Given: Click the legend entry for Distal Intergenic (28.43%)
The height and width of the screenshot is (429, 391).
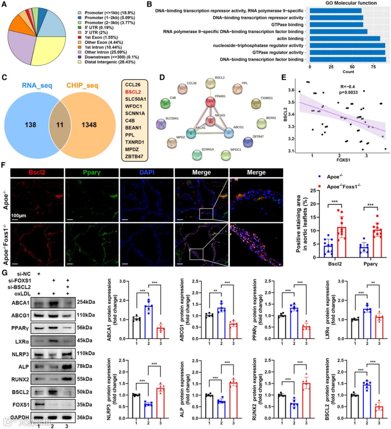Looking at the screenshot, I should coord(110,62).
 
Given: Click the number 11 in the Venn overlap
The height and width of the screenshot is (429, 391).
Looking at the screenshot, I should coord(60,125).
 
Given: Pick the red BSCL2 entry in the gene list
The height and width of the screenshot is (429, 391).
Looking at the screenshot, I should coord(133,92).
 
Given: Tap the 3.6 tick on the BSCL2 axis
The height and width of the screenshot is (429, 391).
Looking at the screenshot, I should coord(291,90).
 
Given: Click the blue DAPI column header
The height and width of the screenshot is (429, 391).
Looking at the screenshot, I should coord(147,172).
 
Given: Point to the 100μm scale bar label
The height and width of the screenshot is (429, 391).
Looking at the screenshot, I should coord(18,216).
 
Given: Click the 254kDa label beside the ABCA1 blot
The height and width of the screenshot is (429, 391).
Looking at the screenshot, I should coord(86,302).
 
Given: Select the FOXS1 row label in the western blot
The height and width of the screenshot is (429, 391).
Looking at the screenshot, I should coord(21,404).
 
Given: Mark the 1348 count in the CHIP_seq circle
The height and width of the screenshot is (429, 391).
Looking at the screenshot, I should coord(89,125).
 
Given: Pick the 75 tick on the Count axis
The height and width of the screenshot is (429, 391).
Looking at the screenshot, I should coord(373,67).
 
